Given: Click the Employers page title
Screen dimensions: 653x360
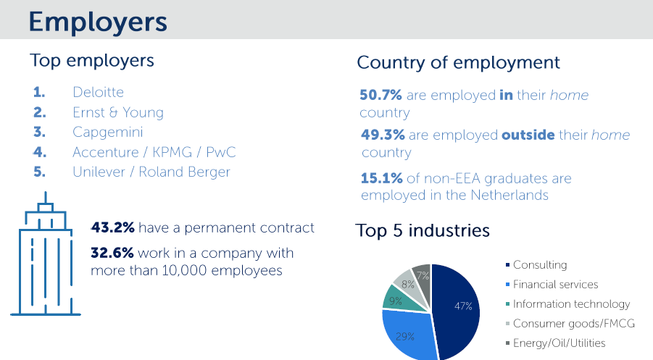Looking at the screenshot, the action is click(98, 22).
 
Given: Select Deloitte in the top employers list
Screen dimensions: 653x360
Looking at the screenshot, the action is click(99, 92).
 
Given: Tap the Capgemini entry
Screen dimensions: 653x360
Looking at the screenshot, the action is click(108, 133).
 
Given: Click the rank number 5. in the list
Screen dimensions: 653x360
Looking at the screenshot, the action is click(40, 172).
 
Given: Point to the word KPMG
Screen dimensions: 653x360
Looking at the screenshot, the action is click(172, 152).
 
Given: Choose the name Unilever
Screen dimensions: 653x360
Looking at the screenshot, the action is click(99, 172).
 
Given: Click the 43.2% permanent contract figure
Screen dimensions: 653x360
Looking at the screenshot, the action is click(113, 227).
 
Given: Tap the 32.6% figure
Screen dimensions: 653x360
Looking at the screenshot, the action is click(112, 253).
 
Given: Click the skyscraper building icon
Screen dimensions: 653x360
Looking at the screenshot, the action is click(46, 254).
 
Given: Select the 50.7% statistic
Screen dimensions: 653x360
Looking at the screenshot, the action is click(380, 95).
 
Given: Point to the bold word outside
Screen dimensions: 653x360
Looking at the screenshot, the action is click(528, 135).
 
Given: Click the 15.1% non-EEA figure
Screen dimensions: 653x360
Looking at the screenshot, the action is click(381, 178).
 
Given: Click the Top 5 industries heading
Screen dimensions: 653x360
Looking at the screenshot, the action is click(423, 230).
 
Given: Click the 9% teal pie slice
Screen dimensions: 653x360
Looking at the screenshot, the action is click(399, 298).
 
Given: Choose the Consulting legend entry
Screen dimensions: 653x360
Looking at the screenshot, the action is click(536, 264).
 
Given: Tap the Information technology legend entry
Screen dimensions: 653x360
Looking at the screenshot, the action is click(567, 304).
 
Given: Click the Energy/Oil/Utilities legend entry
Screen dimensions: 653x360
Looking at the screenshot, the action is click(556, 343).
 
